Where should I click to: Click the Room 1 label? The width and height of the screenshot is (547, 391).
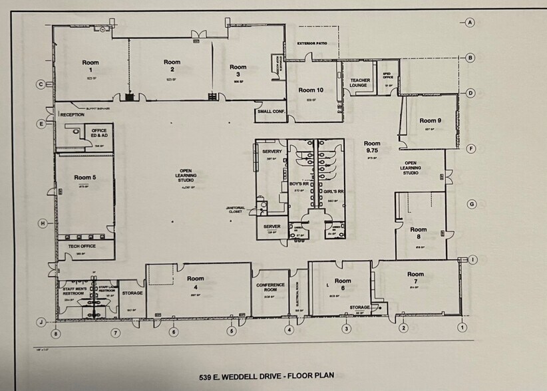click(91, 66)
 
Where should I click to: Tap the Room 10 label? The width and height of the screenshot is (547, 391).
click(311, 90)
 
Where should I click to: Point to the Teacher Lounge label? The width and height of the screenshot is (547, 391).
click(360, 83)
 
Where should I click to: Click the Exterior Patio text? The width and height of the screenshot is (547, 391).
click(313, 43)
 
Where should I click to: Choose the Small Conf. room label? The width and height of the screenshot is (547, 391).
click(270, 112)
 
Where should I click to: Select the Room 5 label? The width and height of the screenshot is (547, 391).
click(85, 178)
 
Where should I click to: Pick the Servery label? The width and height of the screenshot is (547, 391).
click(272, 152)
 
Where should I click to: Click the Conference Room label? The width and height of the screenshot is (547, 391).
click(270, 287)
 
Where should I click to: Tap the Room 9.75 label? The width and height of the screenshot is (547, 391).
click(372, 147)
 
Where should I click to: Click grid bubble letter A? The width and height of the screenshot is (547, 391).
click(470, 23)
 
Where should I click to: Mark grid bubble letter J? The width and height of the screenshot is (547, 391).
click(41, 322)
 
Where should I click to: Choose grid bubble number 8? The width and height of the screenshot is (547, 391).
click(56, 332)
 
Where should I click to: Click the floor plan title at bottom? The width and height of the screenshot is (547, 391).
click(273, 377)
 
